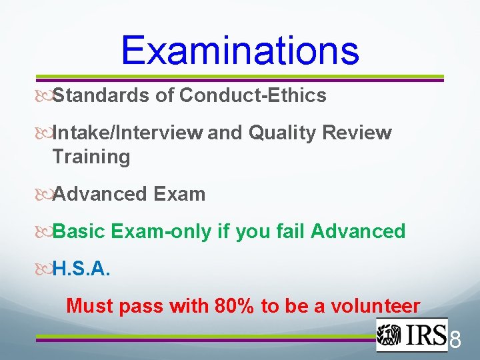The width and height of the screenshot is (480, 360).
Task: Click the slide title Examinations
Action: point(240,49)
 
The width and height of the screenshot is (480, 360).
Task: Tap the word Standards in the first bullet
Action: point(101,96)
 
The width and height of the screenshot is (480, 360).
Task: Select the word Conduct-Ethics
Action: point(253,96)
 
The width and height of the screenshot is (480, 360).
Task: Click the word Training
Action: point(91,157)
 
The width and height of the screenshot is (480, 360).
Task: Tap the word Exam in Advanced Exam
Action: point(179,195)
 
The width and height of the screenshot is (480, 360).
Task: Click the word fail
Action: point(288,232)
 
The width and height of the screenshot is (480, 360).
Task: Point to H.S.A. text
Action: point(81,269)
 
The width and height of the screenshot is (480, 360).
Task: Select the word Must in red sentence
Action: point(91,307)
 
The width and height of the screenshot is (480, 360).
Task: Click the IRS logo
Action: point(411,335)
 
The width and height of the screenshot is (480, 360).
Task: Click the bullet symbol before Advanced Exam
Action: point(45,195)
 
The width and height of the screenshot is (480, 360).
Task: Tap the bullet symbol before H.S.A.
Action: point(45,269)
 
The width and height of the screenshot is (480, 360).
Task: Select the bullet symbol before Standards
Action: point(45,96)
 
